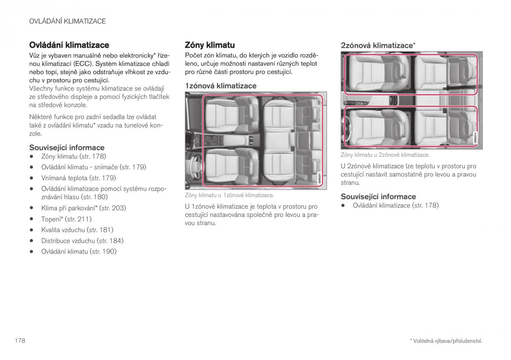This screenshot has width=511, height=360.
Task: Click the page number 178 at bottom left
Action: (x=20, y=341)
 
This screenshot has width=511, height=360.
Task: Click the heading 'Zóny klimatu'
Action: (x=210, y=45)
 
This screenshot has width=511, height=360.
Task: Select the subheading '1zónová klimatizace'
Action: (x=221, y=86)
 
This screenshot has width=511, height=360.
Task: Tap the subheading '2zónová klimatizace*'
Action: (x=378, y=45)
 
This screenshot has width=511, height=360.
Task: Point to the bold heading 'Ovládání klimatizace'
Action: (x=69, y=45)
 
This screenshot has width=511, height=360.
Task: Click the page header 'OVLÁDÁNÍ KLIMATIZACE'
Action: (x=67, y=21)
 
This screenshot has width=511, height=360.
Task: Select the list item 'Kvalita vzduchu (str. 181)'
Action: (x=77, y=230)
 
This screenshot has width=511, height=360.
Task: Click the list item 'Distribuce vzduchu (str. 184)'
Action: (x=82, y=241)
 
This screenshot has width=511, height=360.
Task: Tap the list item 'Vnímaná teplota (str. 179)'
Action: (x=78, y=178)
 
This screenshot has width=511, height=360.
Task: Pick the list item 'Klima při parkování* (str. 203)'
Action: (x=83, y=208)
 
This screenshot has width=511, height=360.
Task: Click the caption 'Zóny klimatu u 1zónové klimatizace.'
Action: (x=229, y=196)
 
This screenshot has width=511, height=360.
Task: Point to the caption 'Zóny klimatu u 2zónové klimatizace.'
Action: (x=385, y=156)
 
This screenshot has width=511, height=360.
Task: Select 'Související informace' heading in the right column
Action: (x=378, y=196)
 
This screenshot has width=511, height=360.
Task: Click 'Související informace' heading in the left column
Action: (x=66, y=147)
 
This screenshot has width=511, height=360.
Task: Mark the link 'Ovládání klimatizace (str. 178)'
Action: (x=396, y=205)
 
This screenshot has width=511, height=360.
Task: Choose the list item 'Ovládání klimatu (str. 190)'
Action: (x=79, y=251)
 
